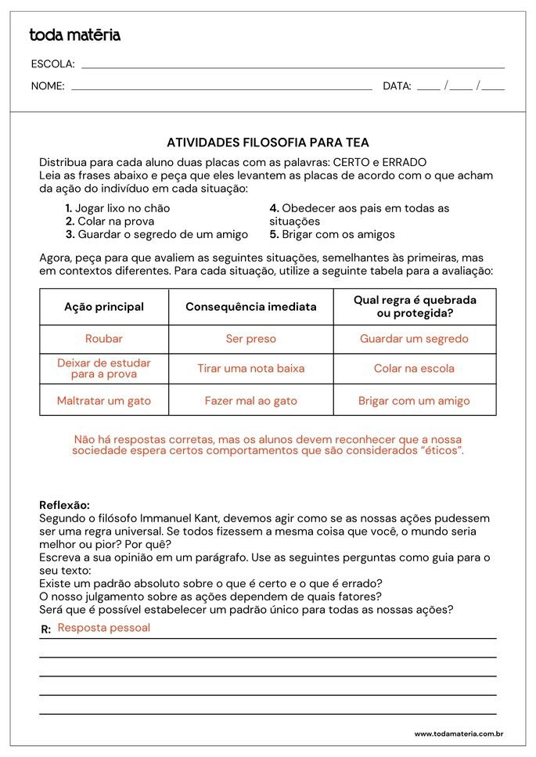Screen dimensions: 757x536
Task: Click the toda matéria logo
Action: [x=74, y=35]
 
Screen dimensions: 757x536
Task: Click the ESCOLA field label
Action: [x=52, y=64]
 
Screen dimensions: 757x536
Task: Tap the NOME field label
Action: [x=48, y=86]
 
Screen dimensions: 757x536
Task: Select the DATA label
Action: [x=397, y=86]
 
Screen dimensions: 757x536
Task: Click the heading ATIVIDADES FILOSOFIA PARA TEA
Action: [x=268, y=142]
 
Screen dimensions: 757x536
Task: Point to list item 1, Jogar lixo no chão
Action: [x=117, y=208]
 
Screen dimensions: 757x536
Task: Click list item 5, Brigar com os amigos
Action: [x=332, y=234]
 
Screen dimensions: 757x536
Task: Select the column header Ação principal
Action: [x=104, y=307]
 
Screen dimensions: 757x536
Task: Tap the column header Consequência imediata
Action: [x=250, y=307]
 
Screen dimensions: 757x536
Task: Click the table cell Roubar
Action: [x=104, y=339]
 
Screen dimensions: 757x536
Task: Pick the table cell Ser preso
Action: [x=250, y=339]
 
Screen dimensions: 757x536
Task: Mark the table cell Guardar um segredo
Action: [x=414, y=339]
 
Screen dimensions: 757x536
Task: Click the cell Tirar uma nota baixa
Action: [x=250, y=368]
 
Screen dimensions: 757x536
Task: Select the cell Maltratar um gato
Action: [x=104, y=401]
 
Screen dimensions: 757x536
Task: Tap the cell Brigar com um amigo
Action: [x=414, y=401]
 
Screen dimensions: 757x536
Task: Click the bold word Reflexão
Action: [x=64, y=505]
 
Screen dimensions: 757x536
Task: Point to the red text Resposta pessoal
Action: [x=104, y=628]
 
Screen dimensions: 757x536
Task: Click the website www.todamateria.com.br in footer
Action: [x=458, y=734]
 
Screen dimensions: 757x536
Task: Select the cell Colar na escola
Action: [x=414, y=368]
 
